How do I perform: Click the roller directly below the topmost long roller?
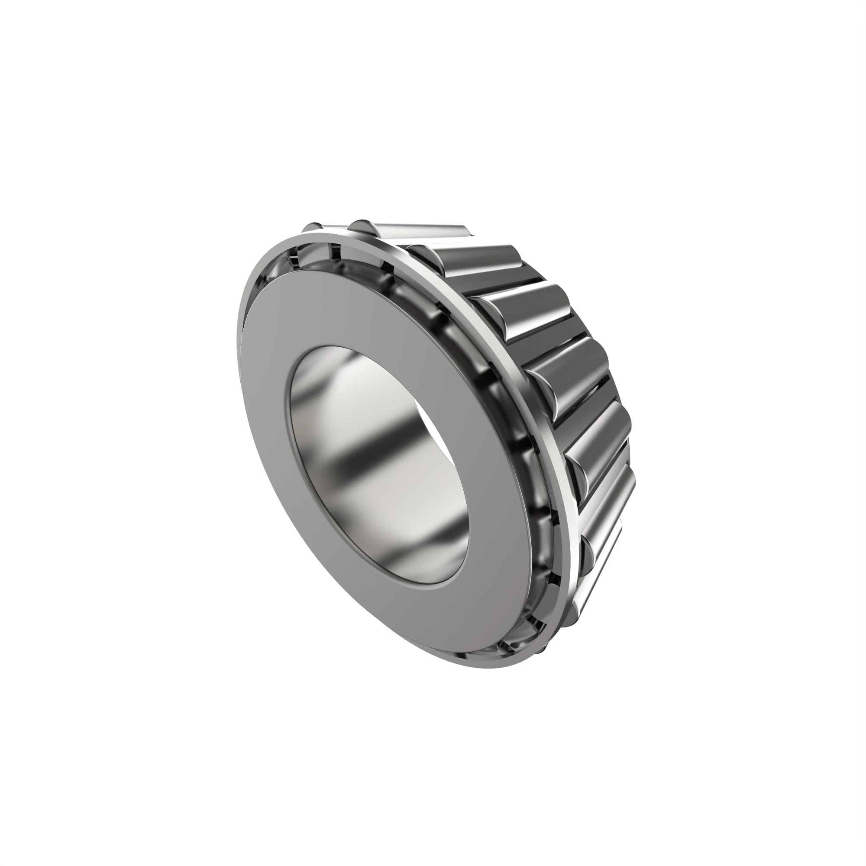[x=475, y=260]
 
